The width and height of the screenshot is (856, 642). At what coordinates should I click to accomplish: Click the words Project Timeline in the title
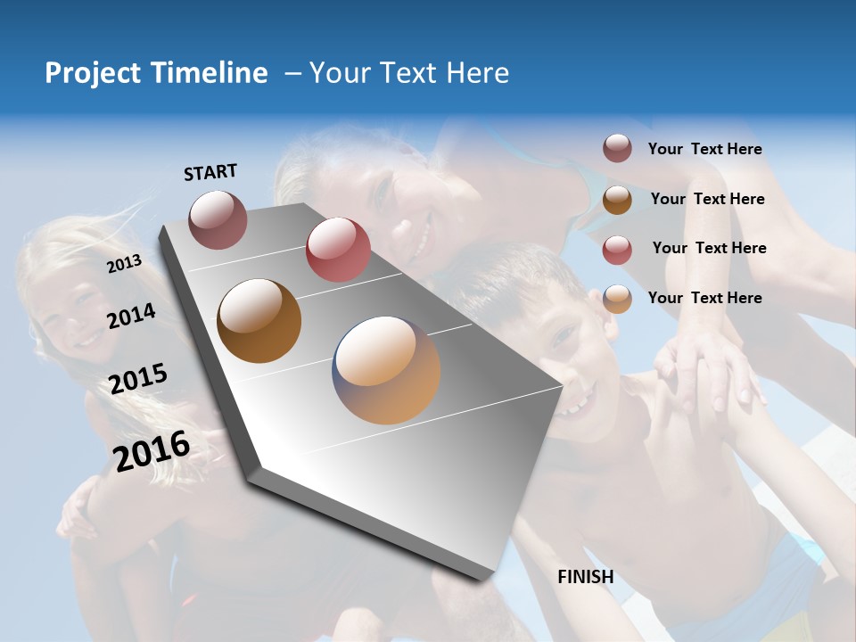pyautogui.click(x=156, y=73)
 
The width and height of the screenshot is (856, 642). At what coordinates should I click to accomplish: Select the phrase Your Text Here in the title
pyautogui.click(x=409, y=73)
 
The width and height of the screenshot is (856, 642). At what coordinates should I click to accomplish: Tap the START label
pyautogui.click(x=210, y=172)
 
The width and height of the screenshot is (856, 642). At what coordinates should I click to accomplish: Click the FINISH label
pyautogui.click(x=586, y=577)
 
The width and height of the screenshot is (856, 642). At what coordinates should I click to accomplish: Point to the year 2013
pyautogui.click(x=124, y=264)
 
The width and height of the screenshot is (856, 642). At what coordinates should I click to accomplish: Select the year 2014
pyautogui.click(x=131, y=316)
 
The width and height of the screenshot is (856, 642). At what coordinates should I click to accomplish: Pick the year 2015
pyautogui.click(x=137, y=379)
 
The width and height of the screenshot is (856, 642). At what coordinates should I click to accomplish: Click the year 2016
pyautogui.click(x=152, y=450)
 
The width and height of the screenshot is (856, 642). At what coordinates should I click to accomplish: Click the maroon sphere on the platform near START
pyautogui.click(x=218, y=219)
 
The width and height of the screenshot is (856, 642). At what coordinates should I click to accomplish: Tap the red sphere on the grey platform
pyautogui.click(x=338, y=250)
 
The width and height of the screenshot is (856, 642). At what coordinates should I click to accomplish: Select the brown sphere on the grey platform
pyautogui.click(x=259, y=321)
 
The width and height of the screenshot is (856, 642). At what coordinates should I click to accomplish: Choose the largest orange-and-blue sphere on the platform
pyautogui.click(x=386, y=370)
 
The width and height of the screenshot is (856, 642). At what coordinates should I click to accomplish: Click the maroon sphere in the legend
pyautogui.click(x=617, y=148)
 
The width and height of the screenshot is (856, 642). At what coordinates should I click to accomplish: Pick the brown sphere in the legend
pyautogui.click(x=617, y=200)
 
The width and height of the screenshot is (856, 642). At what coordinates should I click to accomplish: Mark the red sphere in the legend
pyautogui.click(x=617, y=250)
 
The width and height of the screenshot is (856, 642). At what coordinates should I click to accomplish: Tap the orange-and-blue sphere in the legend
pyautogui.click(x=617, y=299)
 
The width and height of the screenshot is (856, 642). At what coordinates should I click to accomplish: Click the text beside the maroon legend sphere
pyautogui.click(x=704, y=149)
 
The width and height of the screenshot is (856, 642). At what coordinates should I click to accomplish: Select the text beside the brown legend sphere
pyautogui.click(x=707, y=199)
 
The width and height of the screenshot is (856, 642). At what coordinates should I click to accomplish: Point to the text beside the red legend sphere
pyautogui.click(x=709, y=248)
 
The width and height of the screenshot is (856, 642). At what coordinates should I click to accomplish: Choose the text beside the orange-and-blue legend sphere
pyautogui.click(x=704, y=298)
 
